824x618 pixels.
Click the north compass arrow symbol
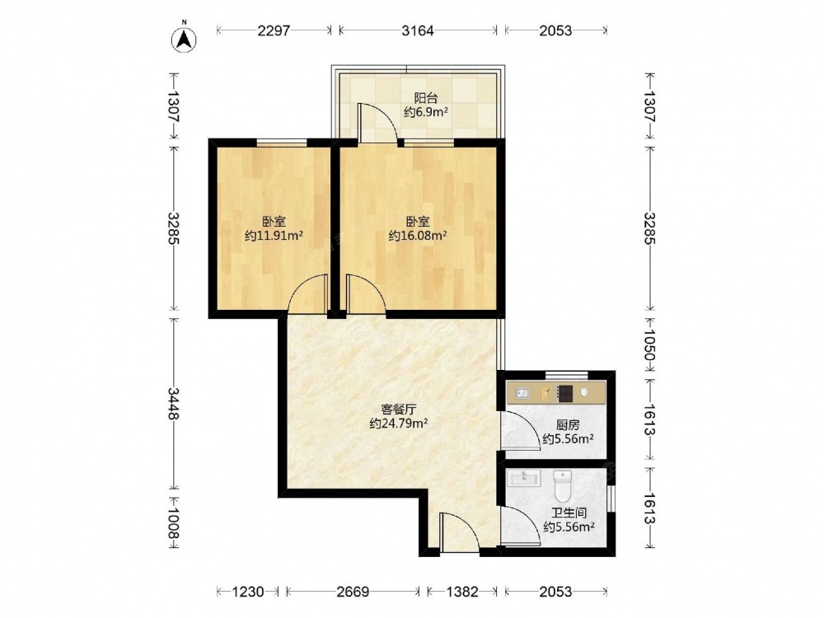point(185,39)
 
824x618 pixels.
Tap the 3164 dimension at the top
point(418,30)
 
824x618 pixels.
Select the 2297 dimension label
point(274,30)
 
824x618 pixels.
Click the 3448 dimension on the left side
point(174,404)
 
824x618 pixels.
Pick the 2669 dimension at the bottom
point(353,592)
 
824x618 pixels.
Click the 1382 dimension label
point(462,592)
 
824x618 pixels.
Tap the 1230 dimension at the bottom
point(247,592)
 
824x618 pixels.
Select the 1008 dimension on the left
point(174,523)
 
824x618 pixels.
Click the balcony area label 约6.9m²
point(426,111)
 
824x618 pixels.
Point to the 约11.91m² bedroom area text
point(274,236)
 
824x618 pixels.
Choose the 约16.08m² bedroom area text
point(418,236)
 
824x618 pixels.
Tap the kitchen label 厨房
point(568,425)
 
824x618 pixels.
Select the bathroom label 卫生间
point(569,513)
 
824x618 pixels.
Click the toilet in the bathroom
point(562,485)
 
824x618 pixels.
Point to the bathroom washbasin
point(524,477)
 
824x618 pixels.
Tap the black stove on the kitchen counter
point(565,393)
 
